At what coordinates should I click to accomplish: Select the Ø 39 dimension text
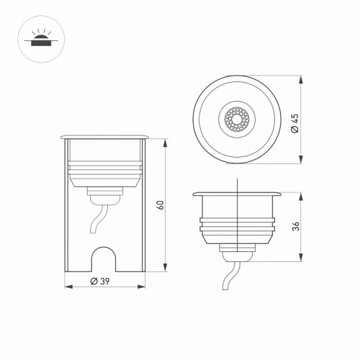coord(105,281)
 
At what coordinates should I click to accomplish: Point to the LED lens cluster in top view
coord(237,117)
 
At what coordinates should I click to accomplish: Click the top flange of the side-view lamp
coord(237,194)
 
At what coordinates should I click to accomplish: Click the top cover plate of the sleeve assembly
coord(106,135)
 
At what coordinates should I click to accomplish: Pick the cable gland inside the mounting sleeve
coord(105,194)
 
